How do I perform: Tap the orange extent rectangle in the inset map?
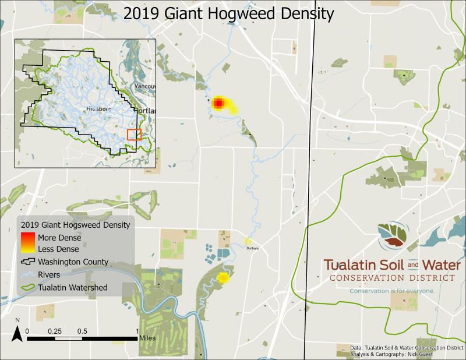[134, 135]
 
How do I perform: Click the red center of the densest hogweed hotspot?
[218, 103]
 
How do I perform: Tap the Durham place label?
[252, 249]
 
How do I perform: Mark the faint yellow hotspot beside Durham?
[249, 241]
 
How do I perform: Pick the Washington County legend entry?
[73, 262]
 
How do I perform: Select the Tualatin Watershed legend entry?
[72, 287]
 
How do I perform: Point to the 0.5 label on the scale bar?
[82, 331]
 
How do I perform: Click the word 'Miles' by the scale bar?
[146, 337]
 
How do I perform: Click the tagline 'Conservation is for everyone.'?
[391, 290]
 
